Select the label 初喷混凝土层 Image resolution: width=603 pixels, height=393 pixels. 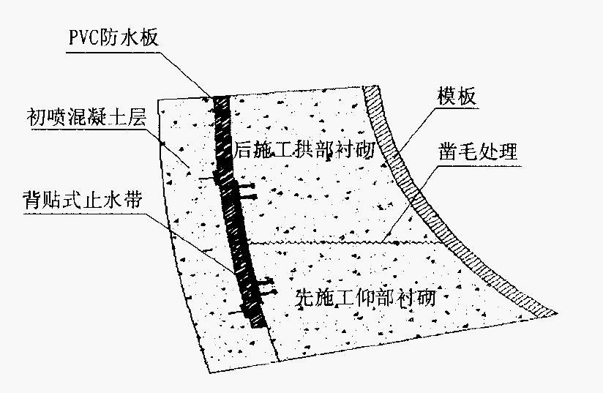pyautogui.click(x=86, y=116)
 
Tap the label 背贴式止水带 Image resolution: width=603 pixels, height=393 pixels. pyautogui.click(x=83, y=201)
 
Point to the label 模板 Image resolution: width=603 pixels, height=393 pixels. pyautogui.click(x=457, y=96)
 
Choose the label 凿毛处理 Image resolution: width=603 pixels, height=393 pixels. pyautogui.click(x=478, y=151)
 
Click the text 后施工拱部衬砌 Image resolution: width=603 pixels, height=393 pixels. pyautogui.click(x=304, y=149)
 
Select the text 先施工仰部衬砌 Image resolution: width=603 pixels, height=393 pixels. pyautogui.click(x=365, y=298)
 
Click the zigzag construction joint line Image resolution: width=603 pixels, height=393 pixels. pyautogui.click(x=344, y=243)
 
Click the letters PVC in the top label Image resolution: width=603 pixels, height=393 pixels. pyautogui.click(x=84, y=38)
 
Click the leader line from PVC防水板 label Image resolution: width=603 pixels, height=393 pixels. pyautogui.click(x=139, y=74)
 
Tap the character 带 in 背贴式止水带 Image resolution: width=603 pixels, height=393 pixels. pyautogui.click(x=133, y=201)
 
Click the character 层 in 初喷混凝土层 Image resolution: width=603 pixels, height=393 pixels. pyautogui.click(x=137, y=116)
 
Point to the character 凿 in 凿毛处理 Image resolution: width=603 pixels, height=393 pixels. pyautogui.click(x=449, y=151)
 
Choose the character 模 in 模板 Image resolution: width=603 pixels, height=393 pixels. pyautogui.click(x=447, y=96)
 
